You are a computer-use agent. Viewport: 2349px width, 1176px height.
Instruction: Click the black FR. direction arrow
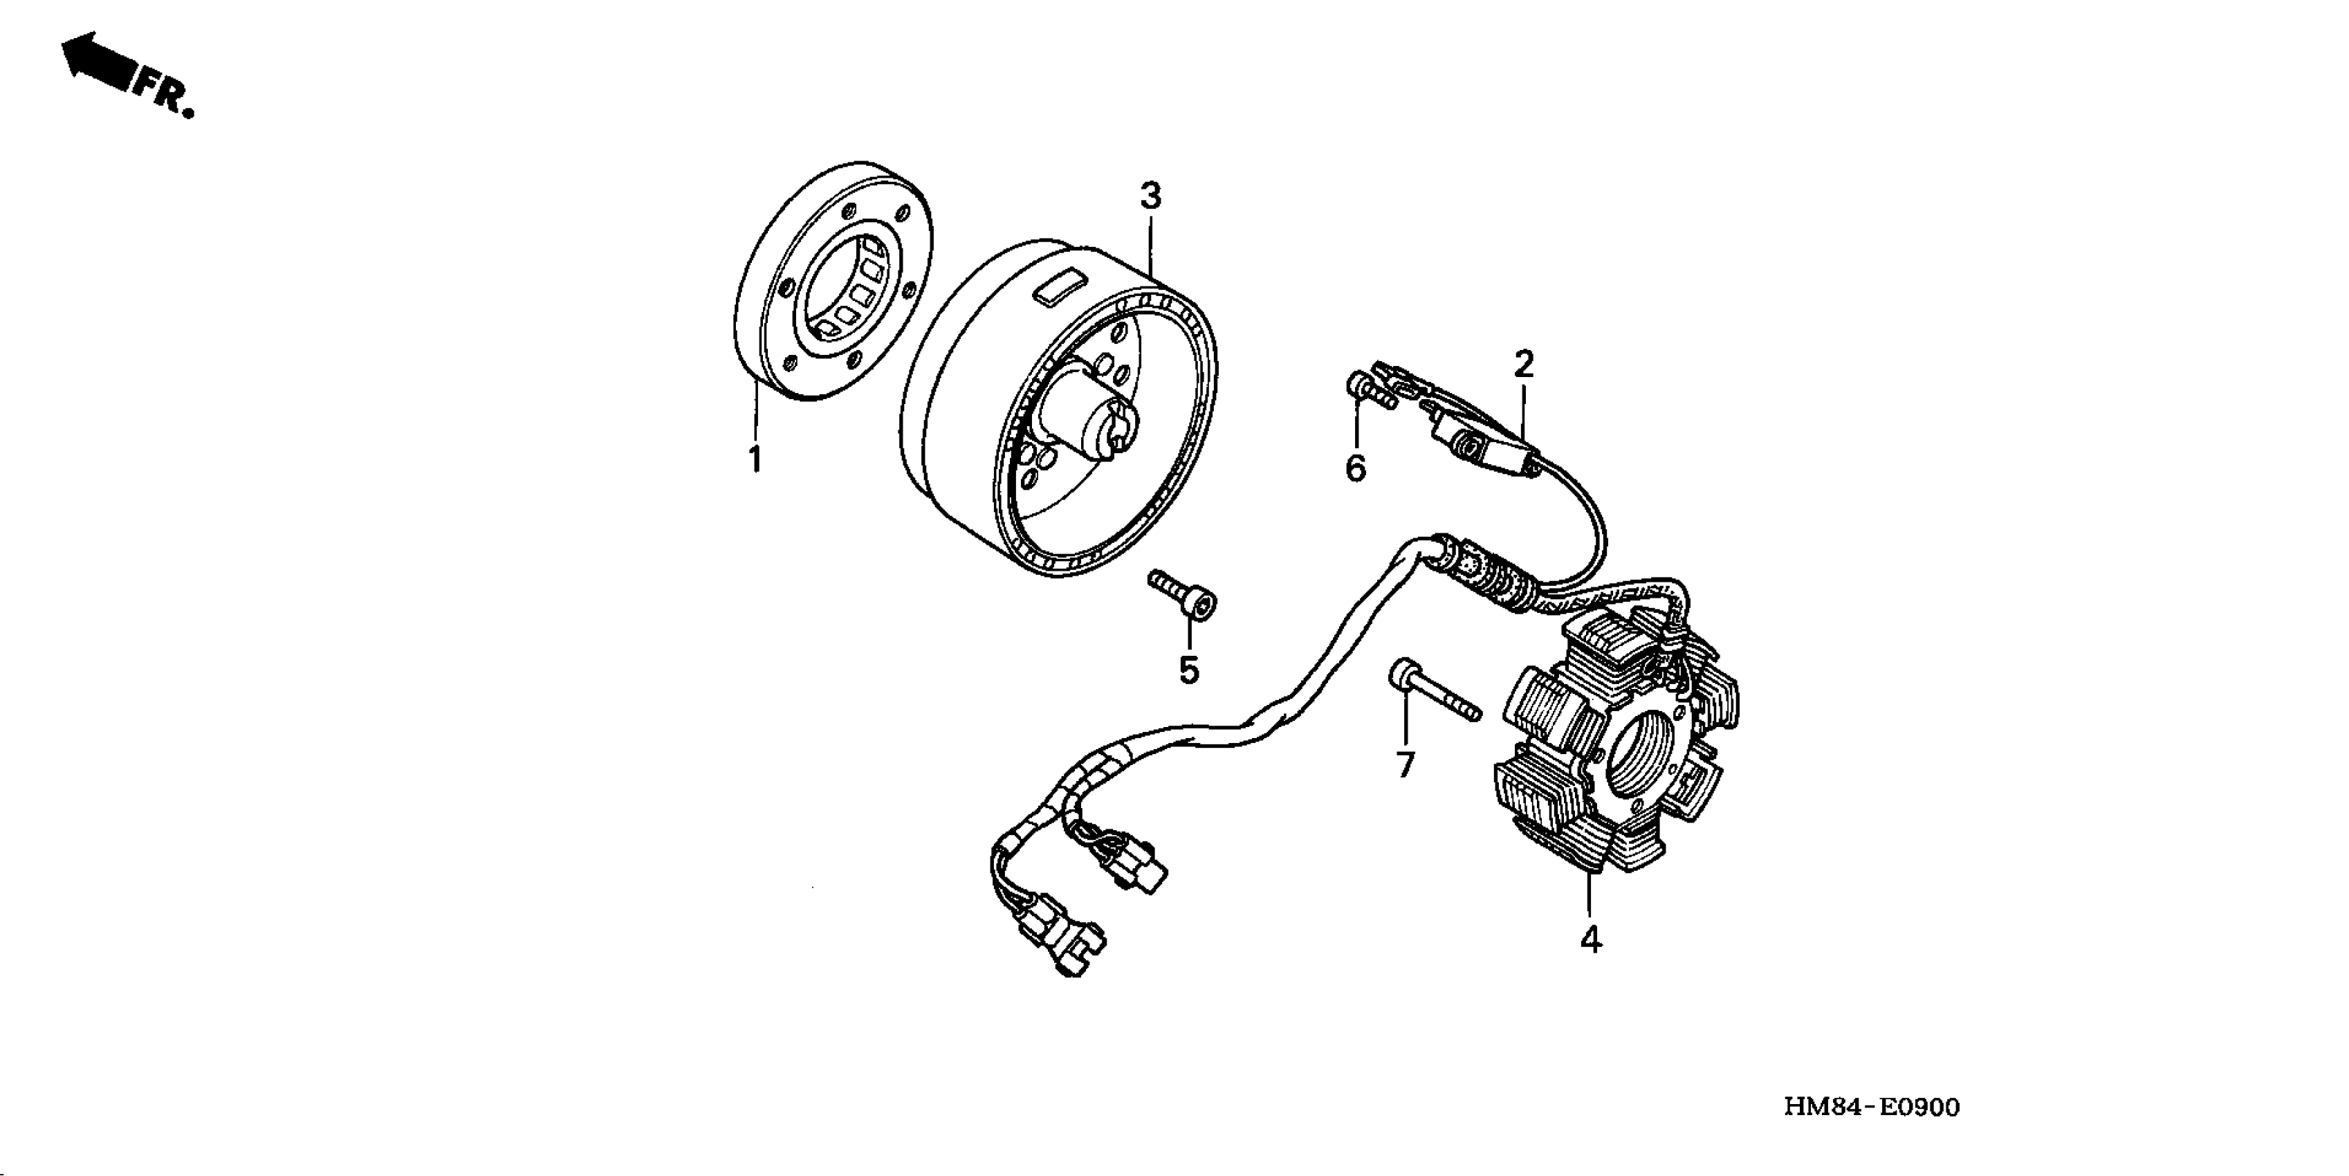[x=98, y=62]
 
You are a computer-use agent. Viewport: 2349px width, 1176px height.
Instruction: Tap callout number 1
[x=755, y=459]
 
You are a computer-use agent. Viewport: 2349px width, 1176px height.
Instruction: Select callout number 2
[x=1524, y=365]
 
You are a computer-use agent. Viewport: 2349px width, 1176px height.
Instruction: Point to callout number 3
[x=1151, y=196]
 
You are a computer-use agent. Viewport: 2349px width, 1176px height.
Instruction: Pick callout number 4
[x=1590, y=939]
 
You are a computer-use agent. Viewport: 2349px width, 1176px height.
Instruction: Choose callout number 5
[x=1188, y=670]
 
